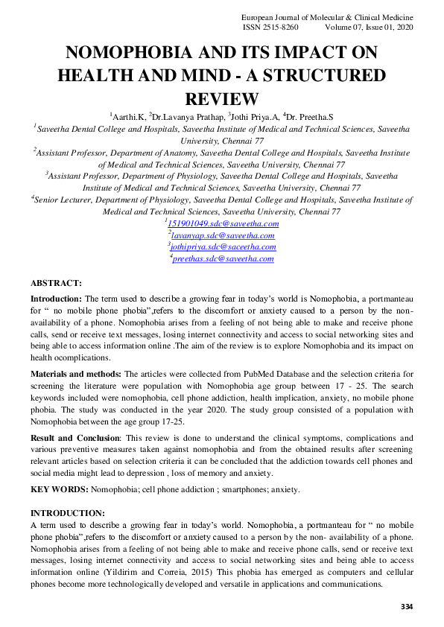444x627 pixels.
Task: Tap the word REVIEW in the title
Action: click(221, 99)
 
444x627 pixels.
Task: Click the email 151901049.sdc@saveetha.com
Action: click(223, 223)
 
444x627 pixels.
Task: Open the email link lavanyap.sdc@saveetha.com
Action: click(223, 235)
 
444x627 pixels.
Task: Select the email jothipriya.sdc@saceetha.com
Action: click(223, 246)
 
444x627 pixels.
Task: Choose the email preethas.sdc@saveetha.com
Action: click(223, 258)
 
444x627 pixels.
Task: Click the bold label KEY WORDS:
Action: click(59, 489)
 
